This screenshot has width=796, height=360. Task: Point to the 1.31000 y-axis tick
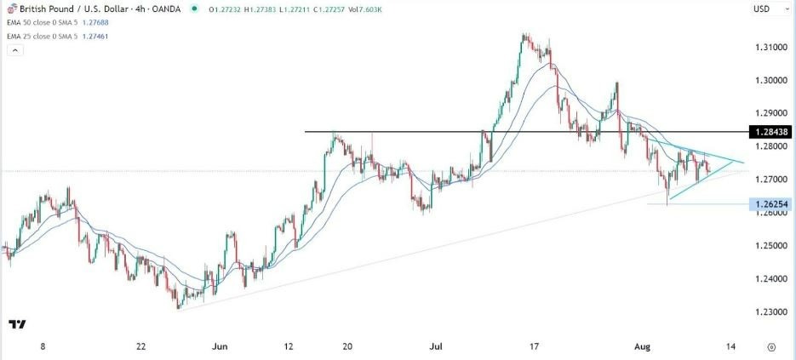pos(770,48)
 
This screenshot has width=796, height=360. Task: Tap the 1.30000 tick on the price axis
pos(770,80)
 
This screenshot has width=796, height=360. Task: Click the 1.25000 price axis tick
pos(770,246)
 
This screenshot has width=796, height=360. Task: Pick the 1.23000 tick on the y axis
pos(770,312)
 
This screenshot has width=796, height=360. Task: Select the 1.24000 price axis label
pos(770,279)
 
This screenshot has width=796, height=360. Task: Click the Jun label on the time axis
pos(220,347)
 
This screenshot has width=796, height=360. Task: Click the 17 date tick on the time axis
pos(535,347)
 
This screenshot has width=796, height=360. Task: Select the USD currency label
pos(761,9)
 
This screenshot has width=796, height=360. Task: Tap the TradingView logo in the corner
pos(16,324)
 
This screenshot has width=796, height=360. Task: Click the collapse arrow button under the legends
pos(14,51)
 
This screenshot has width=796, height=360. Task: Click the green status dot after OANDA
pos(196,9)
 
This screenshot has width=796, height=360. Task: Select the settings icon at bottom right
pos(770,347)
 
